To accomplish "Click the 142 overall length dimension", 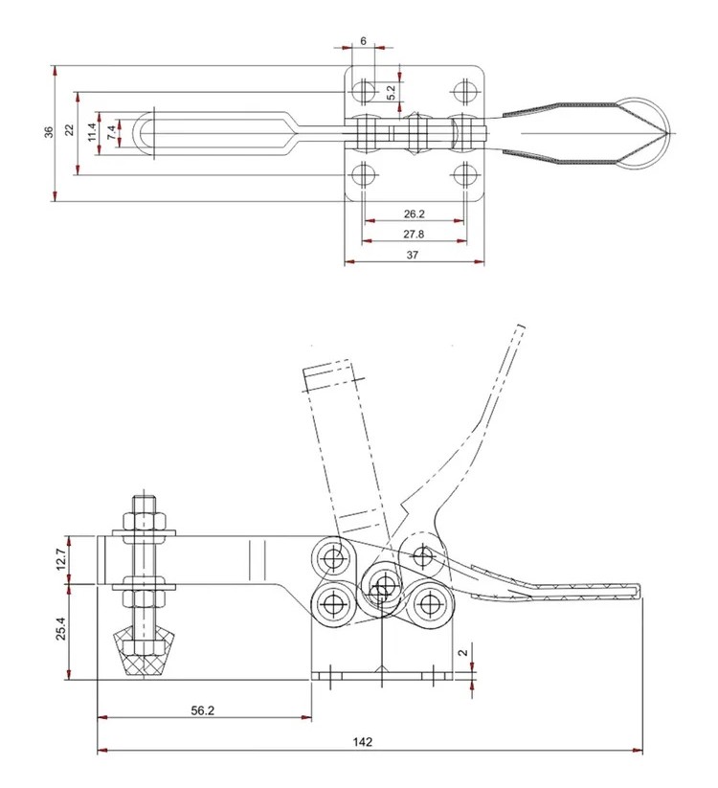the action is point(362,742).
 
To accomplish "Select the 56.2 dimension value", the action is point(203,710).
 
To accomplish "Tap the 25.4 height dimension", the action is point(61,629).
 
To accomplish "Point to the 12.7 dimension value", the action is point(61,559).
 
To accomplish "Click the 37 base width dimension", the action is point(412,255).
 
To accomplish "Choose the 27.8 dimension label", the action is point(414,234).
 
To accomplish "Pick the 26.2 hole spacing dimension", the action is point(414,214).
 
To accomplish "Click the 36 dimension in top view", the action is point(48,132).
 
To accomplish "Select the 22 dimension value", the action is point(69,129).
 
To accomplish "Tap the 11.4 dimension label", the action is point(92,132).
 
